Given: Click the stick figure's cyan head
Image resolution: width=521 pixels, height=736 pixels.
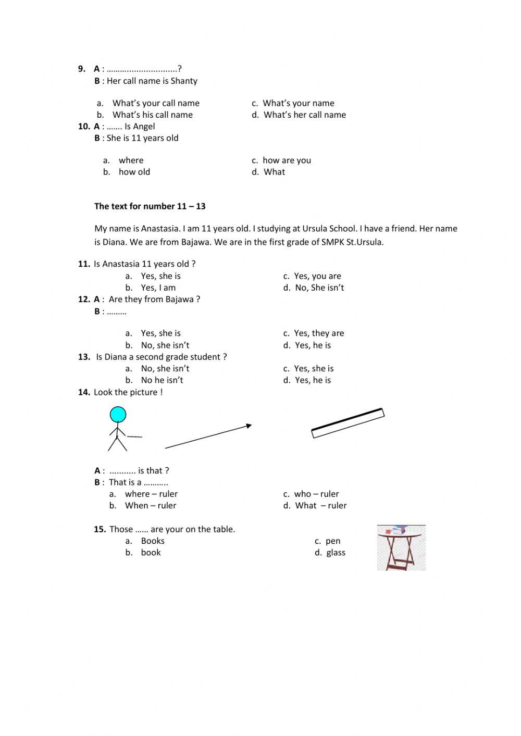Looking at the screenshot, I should point(118,415).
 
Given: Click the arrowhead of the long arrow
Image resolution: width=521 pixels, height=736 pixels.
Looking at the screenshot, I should point(249,426).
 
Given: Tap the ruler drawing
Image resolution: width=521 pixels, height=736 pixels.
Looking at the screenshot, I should point(348,423).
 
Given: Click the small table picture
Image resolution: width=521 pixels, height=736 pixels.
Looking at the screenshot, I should point(401,547).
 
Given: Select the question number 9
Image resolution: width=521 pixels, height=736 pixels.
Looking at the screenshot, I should point(82,69).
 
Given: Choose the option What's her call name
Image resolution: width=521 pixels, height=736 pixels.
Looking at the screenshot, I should point(304,115).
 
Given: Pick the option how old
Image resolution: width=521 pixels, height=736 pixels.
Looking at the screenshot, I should point(134,172).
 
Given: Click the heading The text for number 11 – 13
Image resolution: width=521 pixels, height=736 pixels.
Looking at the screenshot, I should point(150,206).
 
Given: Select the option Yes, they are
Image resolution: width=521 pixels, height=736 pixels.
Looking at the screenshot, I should point(318,333).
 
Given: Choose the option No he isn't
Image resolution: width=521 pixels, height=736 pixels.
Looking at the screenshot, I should point(162,380).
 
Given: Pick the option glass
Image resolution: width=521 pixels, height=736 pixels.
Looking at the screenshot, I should point(336,553).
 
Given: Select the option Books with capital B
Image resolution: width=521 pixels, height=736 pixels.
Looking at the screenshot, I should point(152,541).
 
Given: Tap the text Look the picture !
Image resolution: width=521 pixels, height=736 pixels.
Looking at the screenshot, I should point(128,392).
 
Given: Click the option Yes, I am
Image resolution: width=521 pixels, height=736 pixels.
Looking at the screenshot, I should point(158,288).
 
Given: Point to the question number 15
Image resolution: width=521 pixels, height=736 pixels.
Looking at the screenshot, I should point(100,529).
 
